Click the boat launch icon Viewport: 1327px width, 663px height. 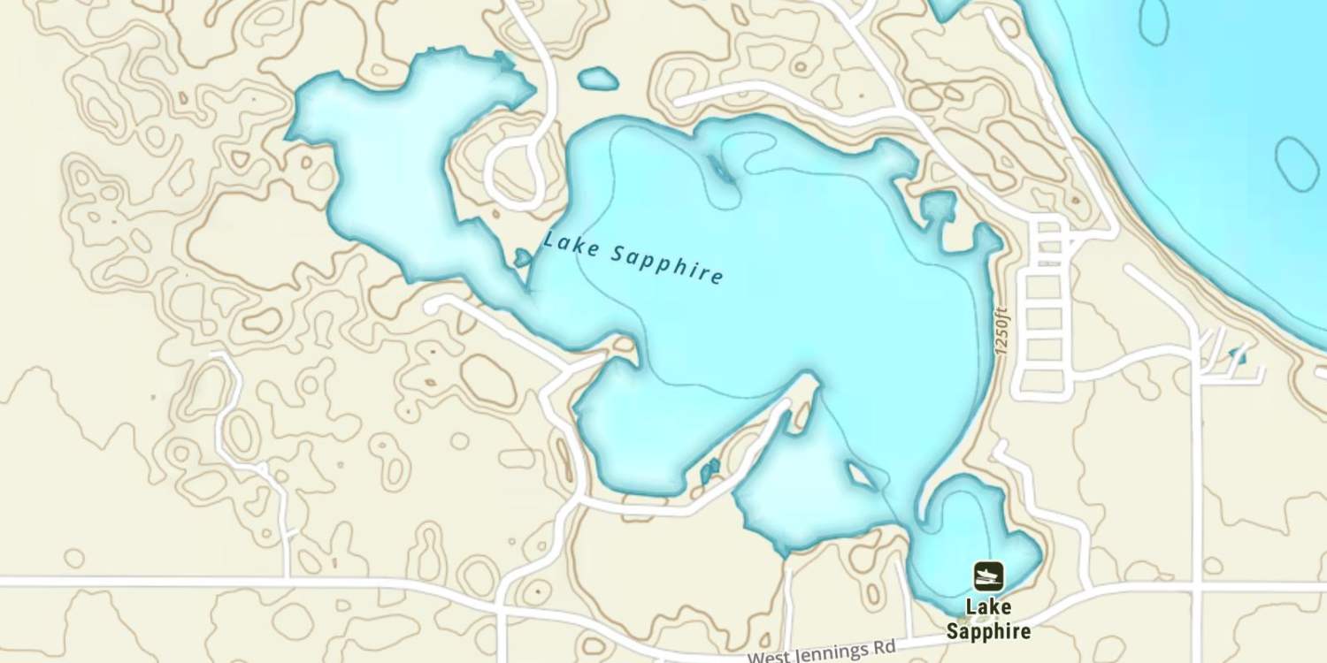click(988, 576)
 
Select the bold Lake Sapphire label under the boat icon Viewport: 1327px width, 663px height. click(988, 620)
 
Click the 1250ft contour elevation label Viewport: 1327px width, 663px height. click(1001, 331)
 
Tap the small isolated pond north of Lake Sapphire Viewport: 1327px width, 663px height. click(598, 79)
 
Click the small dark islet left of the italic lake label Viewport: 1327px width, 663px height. click(523, 258)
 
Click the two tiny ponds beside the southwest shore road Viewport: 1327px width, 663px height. click(710, 470)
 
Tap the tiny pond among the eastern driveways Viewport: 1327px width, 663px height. click(1238, 356)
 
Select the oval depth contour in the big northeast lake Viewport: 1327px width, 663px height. click(1297, 164)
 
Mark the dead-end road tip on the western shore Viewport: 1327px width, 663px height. click(431, 305)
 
